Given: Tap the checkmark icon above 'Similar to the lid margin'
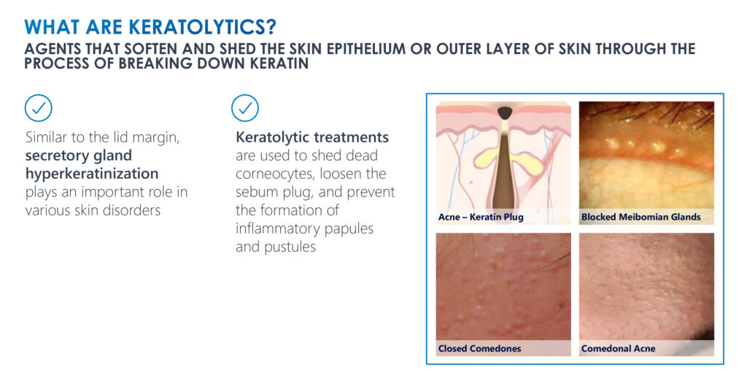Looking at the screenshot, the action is coord(38,108).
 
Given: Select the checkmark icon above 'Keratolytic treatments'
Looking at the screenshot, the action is coord(245,108).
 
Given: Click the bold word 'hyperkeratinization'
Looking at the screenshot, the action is coord(92,174).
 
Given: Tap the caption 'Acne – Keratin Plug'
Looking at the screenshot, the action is coord(481,217).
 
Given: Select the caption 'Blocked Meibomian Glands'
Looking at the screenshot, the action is coord(640,217).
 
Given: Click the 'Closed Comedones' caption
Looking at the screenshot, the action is coord(480,349).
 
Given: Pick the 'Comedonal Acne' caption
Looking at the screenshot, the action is coord(618,349).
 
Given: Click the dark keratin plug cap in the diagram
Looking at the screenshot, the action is coord(505,113).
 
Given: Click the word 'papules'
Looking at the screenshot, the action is coord(349,229).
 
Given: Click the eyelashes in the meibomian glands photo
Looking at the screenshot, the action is coord(667,112).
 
